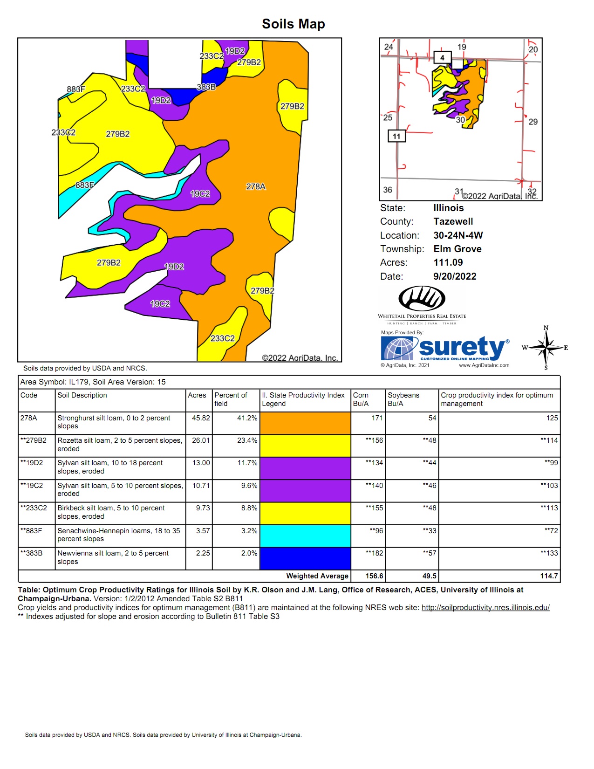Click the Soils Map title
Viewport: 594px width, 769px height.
pos(293,24)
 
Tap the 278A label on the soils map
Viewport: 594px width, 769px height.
pos(256,186)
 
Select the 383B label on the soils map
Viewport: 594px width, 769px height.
pos(206,87)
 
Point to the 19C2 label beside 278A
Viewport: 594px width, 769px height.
pos(200,193)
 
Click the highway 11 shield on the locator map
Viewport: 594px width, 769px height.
pos(396,136)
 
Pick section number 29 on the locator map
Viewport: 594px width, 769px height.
pos(533,122)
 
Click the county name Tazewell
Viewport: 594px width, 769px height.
pos(453,221)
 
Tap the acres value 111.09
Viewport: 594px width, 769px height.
pos(448,262)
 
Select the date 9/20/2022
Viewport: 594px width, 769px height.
pos(455,276)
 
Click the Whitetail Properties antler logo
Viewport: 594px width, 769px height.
pos(422,298)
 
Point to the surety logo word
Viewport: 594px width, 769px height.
pos(461,347)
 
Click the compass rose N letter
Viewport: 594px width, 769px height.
pos(546,328)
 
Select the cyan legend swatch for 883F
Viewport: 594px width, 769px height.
pos(305,536)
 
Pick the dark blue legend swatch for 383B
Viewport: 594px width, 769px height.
pos(305,558)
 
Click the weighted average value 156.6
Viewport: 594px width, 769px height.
pos(374,576)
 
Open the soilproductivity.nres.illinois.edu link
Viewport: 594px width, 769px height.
pos(485,608)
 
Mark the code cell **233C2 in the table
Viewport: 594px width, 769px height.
pos(34,508)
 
